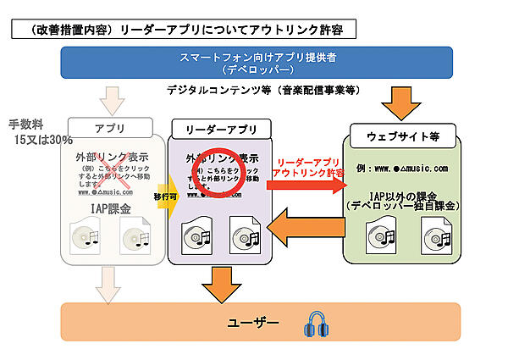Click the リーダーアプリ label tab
click(219, 130)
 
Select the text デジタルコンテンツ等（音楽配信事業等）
click(259, 89)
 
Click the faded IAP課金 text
click(111, 208)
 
